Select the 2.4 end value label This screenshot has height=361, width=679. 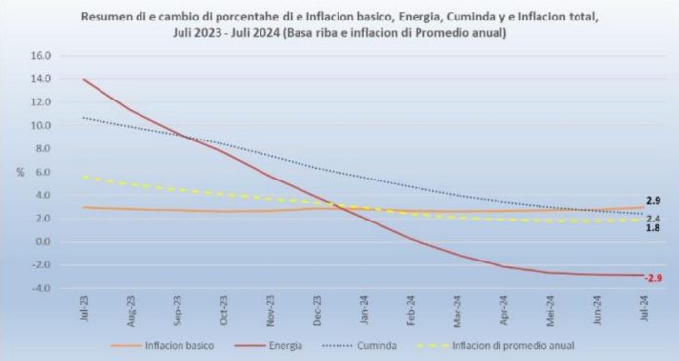654,218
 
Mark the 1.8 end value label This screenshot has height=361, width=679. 654,228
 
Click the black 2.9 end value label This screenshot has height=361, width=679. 654,200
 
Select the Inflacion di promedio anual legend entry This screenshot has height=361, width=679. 513,344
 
